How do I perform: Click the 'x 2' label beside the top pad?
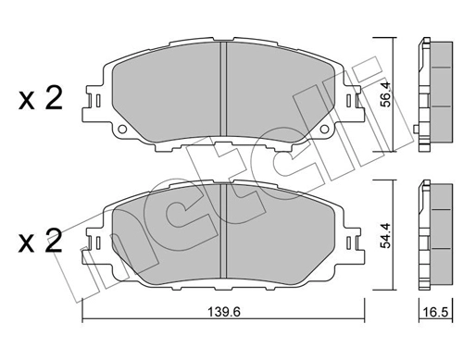point(38,98)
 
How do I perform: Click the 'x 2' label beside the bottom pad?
point(38,243)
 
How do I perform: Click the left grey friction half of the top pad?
point(167,93)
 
